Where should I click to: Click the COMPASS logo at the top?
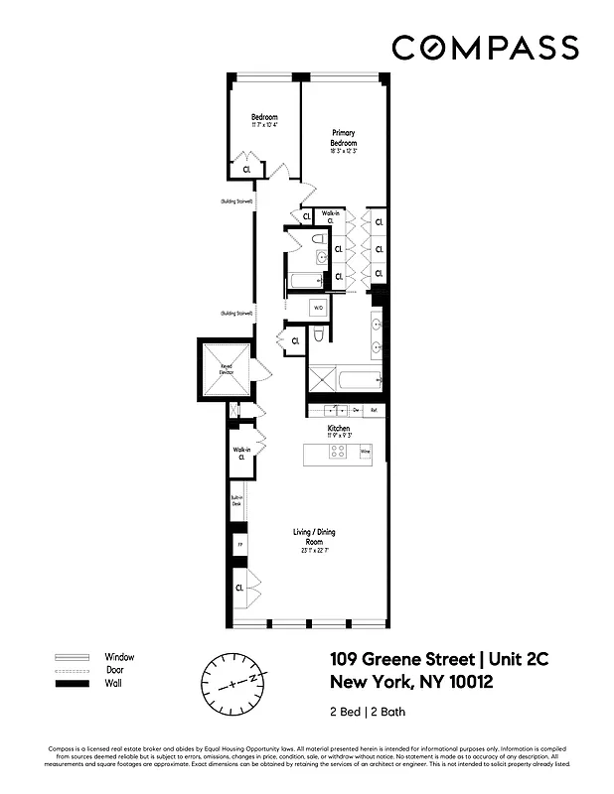[484, 47]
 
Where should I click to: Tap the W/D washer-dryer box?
[318, 309]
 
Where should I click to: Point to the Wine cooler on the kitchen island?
[365, 452]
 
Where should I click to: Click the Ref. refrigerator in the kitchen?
[374, 410]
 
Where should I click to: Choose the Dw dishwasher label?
[355, 410]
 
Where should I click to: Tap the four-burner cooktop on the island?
[337, 452]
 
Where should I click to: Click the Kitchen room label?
[339, 429]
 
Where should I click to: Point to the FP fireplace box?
[238, 546]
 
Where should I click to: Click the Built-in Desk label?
[236, 502]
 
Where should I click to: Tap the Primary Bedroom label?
[342, 138]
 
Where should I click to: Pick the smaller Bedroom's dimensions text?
[263, 126]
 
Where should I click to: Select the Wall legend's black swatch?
[72, 685]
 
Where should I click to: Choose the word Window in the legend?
[119, 657]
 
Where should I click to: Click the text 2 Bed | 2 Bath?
[367, 712]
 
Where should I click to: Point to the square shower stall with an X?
[321, 378]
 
